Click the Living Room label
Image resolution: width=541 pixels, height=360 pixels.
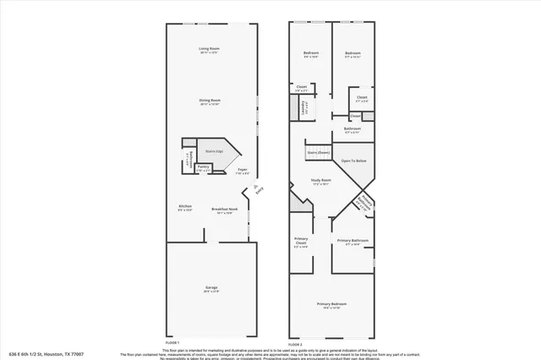pos(209,49)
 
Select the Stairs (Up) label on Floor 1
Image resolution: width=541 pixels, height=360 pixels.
pos(214,151)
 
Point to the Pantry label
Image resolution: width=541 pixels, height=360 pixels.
pos(203,166)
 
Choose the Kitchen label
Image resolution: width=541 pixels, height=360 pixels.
pos(185,206)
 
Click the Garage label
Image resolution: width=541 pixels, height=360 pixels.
pos(210,287)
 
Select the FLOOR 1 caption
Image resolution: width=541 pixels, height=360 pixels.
pos(172,341)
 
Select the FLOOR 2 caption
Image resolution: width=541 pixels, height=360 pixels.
pos(295,345)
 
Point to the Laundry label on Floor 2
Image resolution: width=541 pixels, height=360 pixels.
pos(303,106)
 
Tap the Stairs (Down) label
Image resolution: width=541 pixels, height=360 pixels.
pos(317,152)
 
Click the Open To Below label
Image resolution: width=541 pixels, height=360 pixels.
pos(353,160)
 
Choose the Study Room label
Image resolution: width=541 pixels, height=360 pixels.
pos(320,180)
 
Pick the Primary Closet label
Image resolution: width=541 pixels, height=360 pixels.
pos(301,242)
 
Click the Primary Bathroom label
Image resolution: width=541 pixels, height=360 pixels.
pos(353,241)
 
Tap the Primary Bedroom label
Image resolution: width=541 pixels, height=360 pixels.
pos(331,303)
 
